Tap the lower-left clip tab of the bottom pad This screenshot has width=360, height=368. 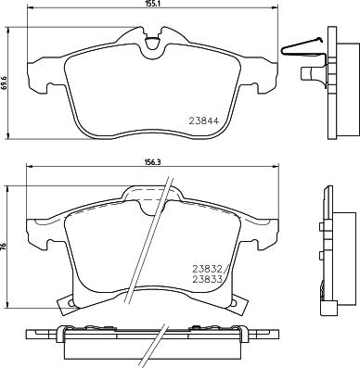tap(66, 303)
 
